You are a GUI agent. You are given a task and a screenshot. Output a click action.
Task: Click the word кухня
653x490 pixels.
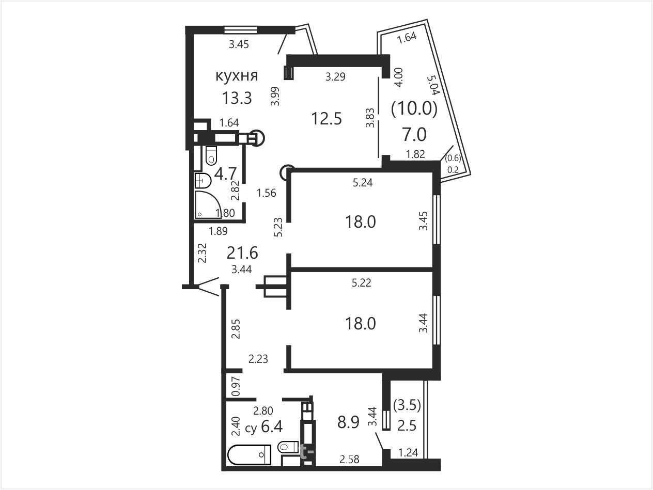point(237,76)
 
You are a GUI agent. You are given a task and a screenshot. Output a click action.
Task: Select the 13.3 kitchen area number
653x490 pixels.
point(237,98)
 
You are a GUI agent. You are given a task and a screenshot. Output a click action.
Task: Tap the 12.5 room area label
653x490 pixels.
point(326,118)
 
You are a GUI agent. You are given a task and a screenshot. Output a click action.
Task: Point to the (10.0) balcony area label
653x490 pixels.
point(414,108)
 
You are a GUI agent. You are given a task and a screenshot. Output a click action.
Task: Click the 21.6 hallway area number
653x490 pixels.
point(242,253)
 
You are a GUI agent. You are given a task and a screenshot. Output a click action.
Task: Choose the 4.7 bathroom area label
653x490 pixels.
point(225,173)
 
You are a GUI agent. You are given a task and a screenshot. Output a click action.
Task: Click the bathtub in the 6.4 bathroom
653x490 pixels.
point(250,454)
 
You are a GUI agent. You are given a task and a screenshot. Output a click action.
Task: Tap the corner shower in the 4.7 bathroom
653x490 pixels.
point(208,205)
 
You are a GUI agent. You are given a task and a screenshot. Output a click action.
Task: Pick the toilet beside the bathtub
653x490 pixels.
point(288,447)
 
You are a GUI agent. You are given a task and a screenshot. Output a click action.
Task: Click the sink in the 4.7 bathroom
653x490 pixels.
point(203,181)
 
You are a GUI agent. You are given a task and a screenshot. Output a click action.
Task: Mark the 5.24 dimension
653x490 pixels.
point(363,183)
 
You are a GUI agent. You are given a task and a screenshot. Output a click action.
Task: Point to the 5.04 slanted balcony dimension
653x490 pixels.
point(433,85)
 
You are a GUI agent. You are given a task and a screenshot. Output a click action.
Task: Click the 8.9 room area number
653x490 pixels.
point(348,422)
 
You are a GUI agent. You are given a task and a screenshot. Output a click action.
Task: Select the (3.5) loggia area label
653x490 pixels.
point(407,405)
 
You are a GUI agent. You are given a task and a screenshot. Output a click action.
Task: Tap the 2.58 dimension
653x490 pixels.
point(350,460)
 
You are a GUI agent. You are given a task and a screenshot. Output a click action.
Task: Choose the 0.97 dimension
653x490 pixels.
point(236,387)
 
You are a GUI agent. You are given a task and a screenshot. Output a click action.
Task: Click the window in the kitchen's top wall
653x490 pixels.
point(241,30)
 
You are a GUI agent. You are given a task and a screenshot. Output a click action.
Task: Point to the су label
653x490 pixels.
point(251,429)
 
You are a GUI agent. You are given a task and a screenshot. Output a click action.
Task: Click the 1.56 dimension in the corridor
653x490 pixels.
point(266,193)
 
